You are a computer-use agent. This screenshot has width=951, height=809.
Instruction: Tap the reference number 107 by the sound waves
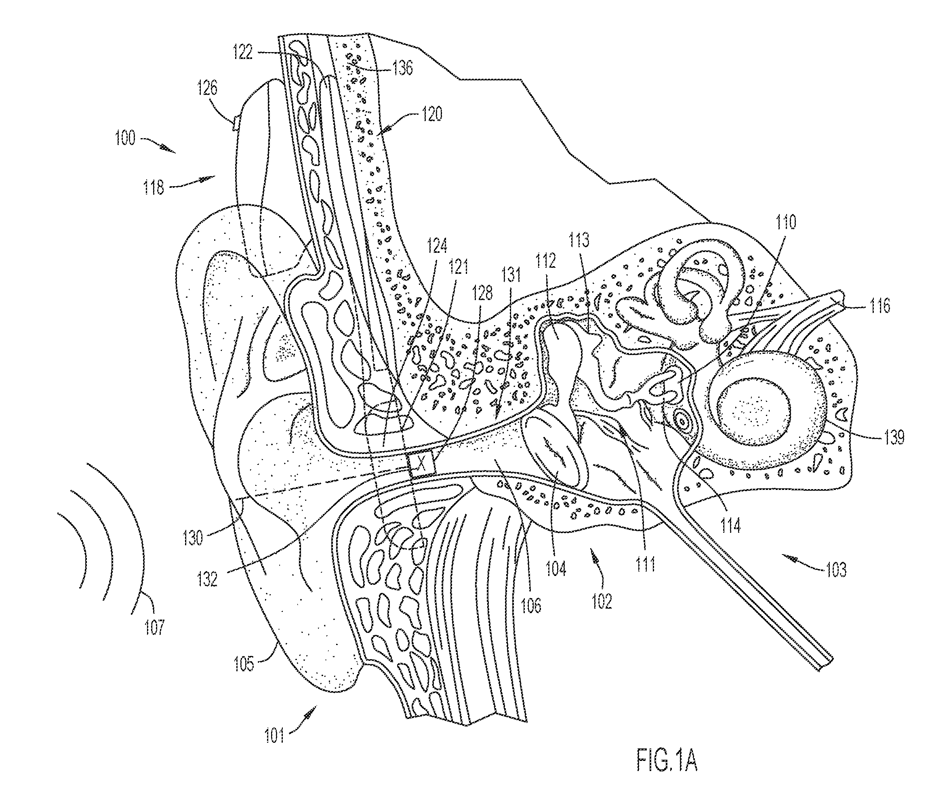coord(154,626)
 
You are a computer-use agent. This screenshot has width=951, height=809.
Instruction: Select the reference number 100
coord(125,138)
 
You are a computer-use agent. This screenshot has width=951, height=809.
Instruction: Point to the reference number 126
coord(207,88)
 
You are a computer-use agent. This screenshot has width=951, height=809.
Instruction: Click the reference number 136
coord(402,68)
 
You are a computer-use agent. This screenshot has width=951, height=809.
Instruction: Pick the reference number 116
coord(880,306)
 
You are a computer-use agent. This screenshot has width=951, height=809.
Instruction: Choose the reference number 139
coord(894,437)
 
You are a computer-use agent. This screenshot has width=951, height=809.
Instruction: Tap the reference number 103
coord(836,570)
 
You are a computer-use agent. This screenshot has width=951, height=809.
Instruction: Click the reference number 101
coord(274,735)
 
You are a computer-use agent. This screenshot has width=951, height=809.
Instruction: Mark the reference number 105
coord(244,664)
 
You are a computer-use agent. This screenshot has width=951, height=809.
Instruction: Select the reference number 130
coord(192,538)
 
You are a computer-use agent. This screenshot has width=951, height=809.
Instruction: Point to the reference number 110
coord(786,223)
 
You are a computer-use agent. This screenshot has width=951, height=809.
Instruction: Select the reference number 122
coord(243,52)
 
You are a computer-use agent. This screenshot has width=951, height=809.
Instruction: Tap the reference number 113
coord(579,240)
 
